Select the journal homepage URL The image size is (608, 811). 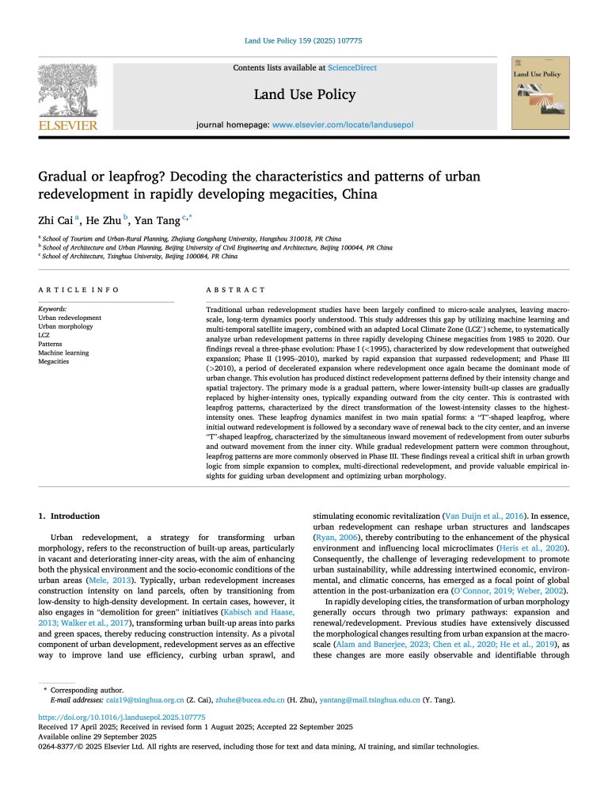coord(343,124)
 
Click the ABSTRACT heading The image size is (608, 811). coord(235,290)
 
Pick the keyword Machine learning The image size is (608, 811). coord(63,352)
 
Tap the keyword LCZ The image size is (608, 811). coord(44,335)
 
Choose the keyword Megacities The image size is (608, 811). coord(54,361)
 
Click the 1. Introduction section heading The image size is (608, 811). coord(70,516)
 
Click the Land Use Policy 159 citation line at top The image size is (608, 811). coord(303,41)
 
